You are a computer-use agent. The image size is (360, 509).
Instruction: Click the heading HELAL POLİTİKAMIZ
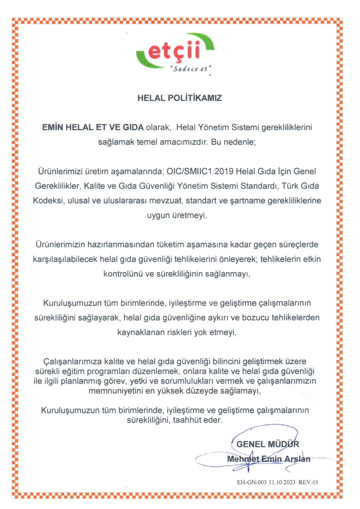click(179, 98)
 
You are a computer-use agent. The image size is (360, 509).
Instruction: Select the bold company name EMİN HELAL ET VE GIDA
click(93, 127)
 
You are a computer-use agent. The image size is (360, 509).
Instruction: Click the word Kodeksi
click(48, 201)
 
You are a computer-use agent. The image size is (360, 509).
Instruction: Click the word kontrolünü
click(123, 274)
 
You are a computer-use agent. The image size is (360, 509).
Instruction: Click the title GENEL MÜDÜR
click(268, 444)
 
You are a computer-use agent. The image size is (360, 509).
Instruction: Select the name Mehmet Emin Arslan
click(269, 459)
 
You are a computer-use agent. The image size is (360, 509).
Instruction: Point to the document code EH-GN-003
click(252, 482)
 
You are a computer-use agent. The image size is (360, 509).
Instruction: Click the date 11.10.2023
click(282, 482)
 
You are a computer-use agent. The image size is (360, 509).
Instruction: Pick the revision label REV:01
click(308, 482)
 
